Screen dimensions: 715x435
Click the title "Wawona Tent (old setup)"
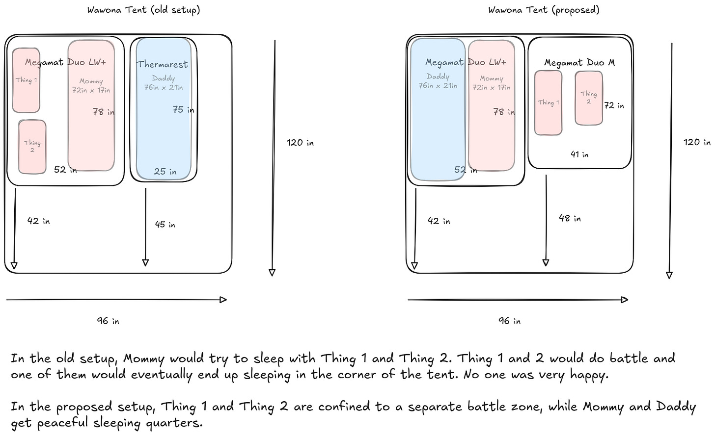(x=143, y=10)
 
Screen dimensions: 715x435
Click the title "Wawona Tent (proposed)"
(x=544, y=10)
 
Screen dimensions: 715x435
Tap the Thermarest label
(x=162, y=64)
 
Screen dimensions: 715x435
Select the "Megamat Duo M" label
(x=579, y=63)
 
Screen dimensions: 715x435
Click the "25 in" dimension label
(x=165, y=172)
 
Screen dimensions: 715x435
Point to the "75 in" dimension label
(x=183, y=110)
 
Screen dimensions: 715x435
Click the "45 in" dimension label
(x=165, y=225)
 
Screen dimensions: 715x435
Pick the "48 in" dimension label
(x=570, y=218)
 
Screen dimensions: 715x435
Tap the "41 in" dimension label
(x=579, y=154)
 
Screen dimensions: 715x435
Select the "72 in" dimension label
(x=614, y=105)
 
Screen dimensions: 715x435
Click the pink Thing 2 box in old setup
(x=32, y=147)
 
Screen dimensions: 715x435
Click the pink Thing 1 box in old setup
(x=26, y=80)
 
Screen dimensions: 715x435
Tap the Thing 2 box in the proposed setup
(x=588, y=98)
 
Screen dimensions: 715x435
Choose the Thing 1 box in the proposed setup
(x=548, y=103)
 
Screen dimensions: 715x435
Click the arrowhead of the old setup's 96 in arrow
(x=223, y=300)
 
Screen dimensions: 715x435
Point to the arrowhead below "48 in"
(x=546, y=263)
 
